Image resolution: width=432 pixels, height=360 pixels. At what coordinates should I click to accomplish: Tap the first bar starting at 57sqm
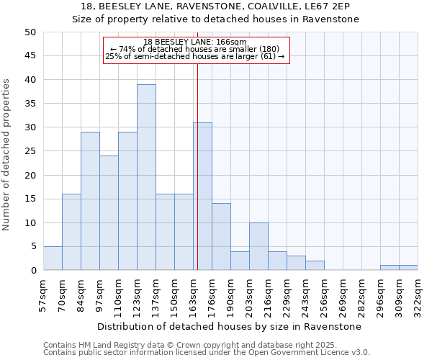tap(53, 258)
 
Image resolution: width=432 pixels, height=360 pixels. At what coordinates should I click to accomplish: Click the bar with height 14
tap(221, 237)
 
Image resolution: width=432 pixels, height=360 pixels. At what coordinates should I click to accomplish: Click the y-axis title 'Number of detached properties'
tap(7, 155)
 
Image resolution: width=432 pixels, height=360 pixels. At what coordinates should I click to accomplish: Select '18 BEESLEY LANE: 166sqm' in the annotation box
tap(195, 42)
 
